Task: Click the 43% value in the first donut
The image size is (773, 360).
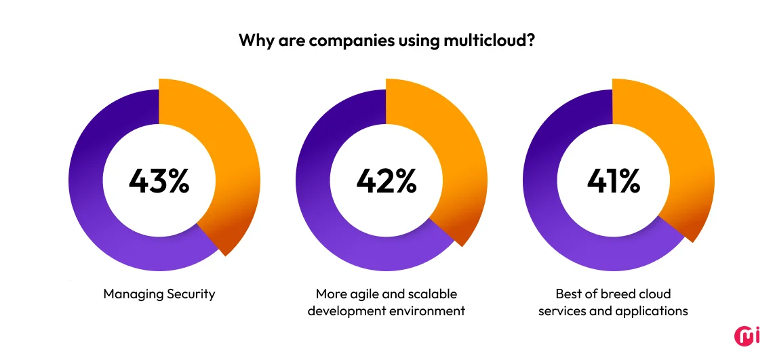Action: click(x=159, y=181)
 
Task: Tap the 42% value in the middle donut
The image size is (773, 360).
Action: click(x=386, y=181)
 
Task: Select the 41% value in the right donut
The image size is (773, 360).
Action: click(x=613, y=181)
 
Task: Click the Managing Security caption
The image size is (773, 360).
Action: click(x=159, y=294)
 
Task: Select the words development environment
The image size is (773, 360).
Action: click(x=386, y=311)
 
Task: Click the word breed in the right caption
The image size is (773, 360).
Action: click(x=608, y=294)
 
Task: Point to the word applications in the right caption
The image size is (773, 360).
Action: click(x=652, y=311)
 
